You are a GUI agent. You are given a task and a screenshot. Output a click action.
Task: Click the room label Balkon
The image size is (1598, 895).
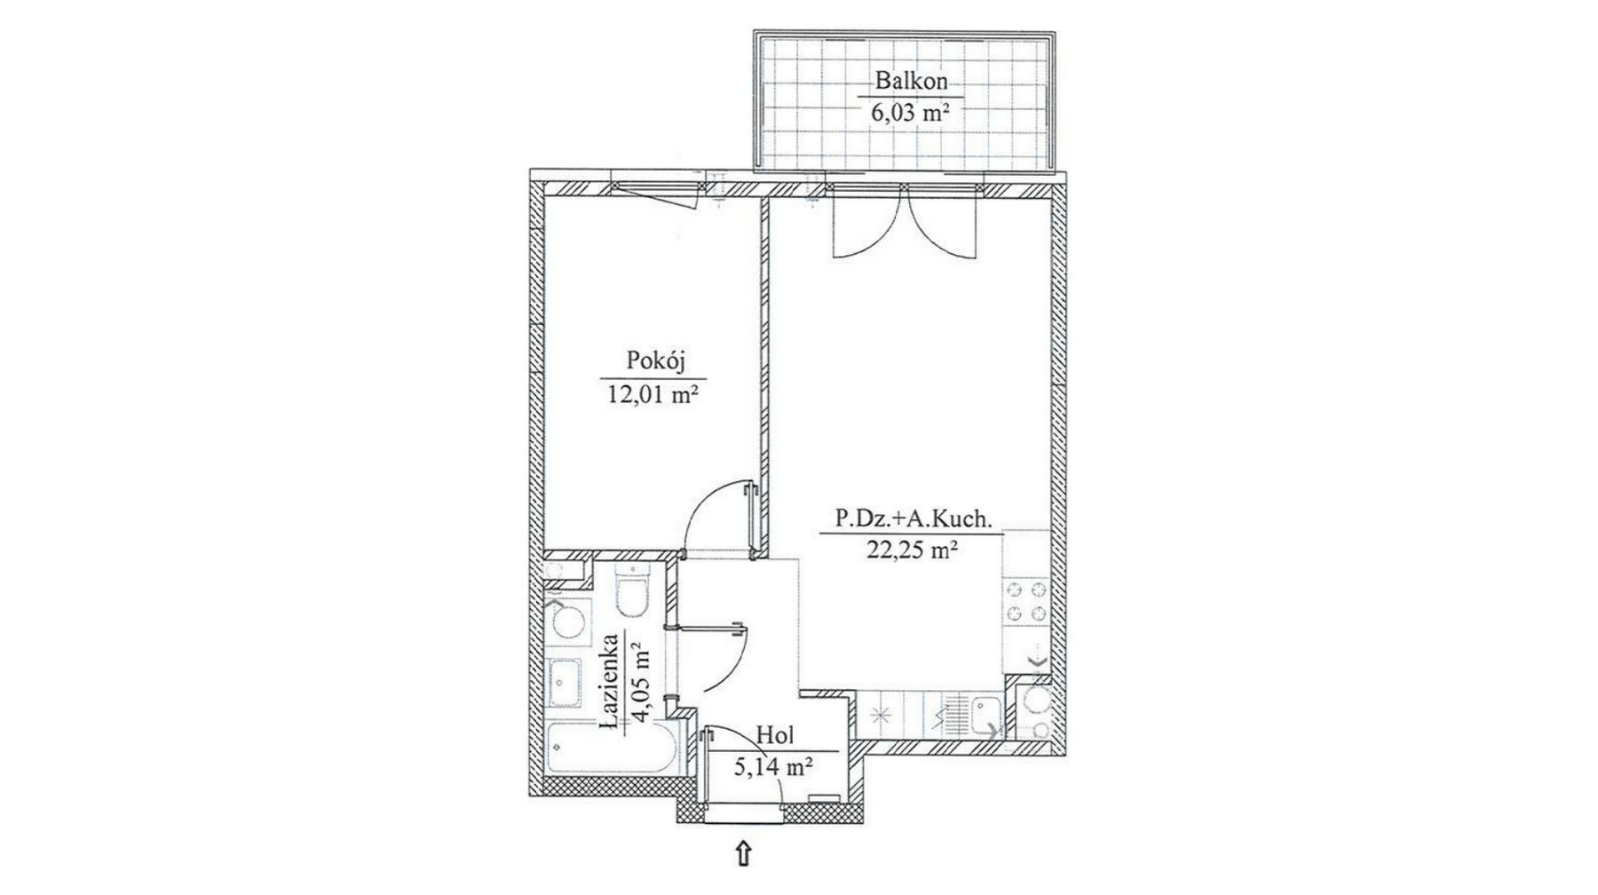(911, 81)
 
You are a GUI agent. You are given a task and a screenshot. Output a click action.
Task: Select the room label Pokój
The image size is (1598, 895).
(657, 360)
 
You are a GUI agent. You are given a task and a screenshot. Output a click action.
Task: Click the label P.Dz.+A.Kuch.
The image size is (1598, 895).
(912, 519)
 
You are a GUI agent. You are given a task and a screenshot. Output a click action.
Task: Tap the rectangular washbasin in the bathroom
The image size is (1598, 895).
(566, 685)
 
